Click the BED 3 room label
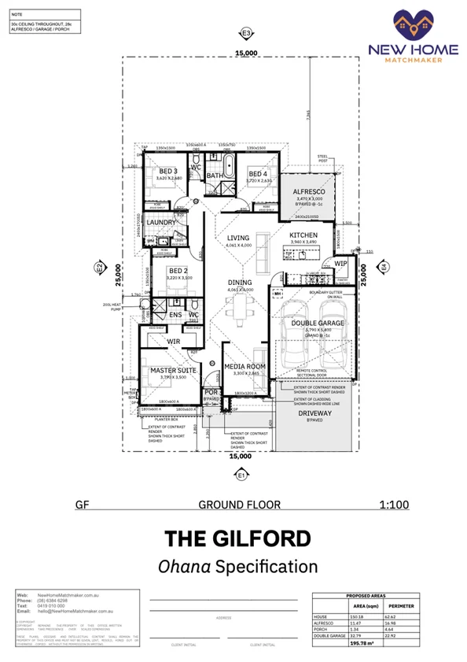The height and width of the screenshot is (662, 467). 168,171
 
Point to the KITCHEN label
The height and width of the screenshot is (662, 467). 303,236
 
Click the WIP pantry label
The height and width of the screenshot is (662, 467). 340,264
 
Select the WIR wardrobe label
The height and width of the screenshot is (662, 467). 174,341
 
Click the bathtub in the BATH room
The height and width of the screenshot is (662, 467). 228,166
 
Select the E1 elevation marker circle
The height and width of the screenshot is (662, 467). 241,474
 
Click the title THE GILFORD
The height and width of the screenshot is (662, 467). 237,538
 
